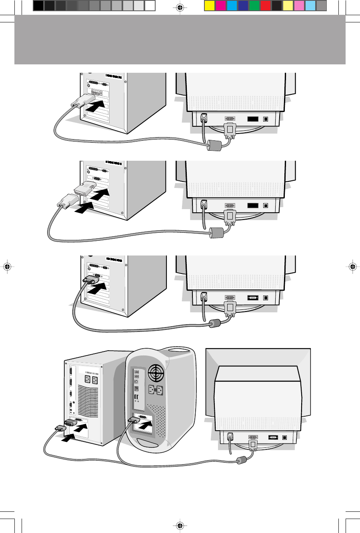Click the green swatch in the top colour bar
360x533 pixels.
(254, 6)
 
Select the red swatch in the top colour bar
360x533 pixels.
(265, 6)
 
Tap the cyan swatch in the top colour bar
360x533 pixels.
(232, 6)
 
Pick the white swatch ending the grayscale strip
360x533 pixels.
(150, 6)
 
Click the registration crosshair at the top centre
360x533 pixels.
(180, 7)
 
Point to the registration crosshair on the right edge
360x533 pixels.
(352, 267)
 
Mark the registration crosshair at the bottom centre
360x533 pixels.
(180, 525)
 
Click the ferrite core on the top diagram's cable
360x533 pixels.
(214, 146)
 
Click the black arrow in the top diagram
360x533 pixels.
(96, 106)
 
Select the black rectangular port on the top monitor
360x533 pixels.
(253, 119)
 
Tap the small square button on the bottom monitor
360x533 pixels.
(284, 437)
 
